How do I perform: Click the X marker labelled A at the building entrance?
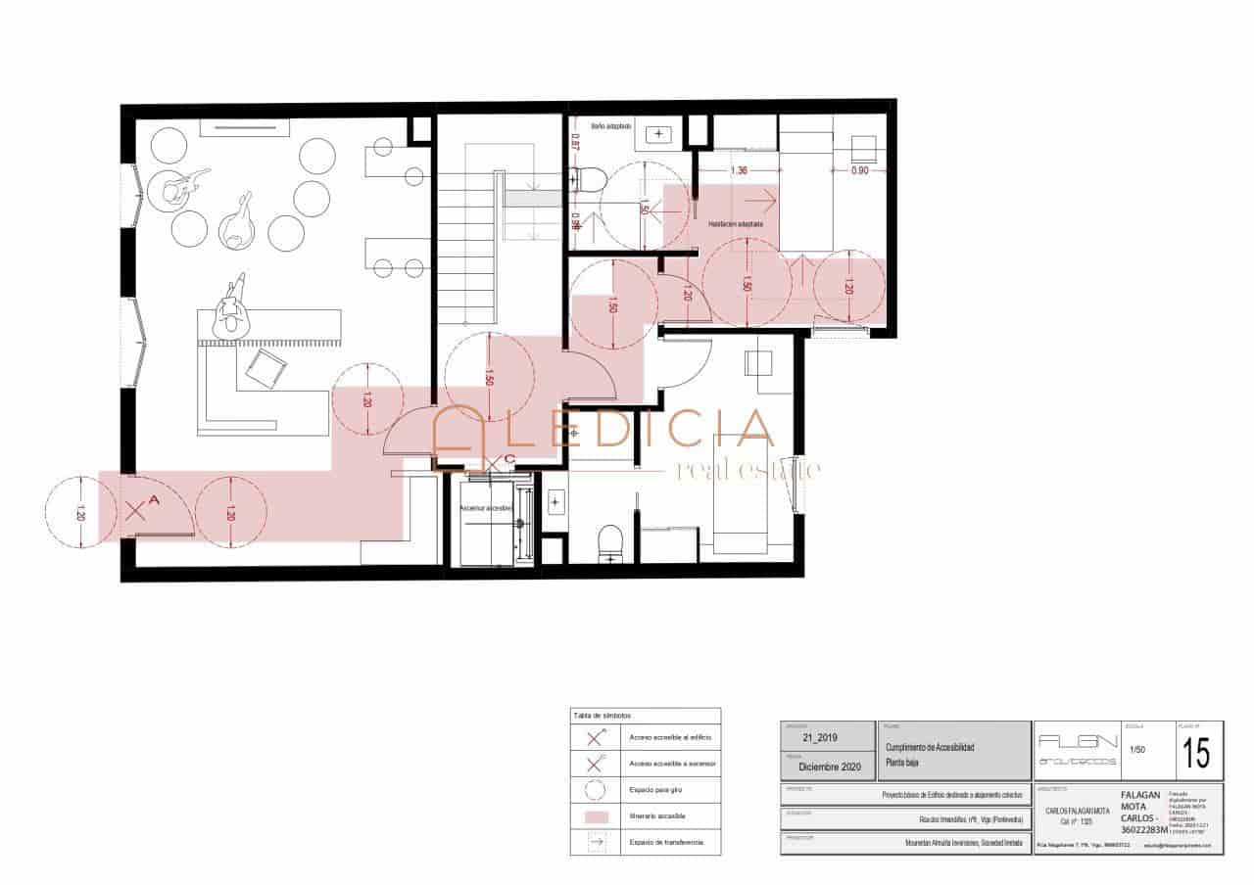pyautogui.click(x=136, y=509)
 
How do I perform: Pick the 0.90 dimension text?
pyautogui.click(x=858, y=171)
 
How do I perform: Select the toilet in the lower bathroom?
pyautogui.click(x=610, y=541)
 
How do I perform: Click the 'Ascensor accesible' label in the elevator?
pyautogui.click(x=487, y=509)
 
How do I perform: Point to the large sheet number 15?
pyautogui.click(x=1195, y=755)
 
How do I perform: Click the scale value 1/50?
pyautogui.click(x=1137, y=750)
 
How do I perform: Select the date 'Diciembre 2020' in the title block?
pyautogui.click(x=829, y=767)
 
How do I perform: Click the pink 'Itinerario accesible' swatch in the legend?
pyautogui.click(x=595, y=815)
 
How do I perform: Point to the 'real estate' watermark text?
pyautogui.click(x=748, y=472)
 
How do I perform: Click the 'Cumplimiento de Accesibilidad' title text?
pyautogui.click(x=930, y=747)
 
